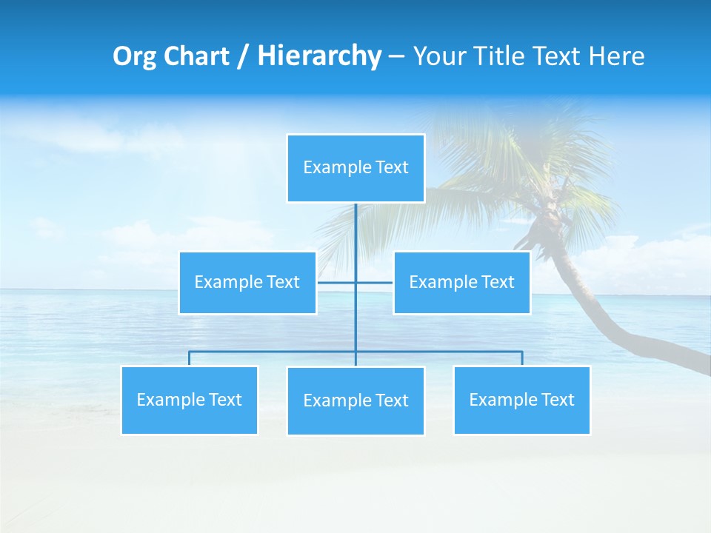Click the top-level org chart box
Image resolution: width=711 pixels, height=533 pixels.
click(x=355, y=168)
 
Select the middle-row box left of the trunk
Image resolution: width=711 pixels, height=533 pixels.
click(x=247, y=282)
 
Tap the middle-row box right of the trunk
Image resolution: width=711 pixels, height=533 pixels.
click(x=461, y=282)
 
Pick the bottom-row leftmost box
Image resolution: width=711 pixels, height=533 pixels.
click(x=189, y=400)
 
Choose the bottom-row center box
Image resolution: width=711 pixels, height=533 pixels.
click(x=355, y=400)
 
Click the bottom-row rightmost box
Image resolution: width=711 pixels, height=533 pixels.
click(x=521, y=400)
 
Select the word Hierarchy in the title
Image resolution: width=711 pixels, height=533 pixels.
click(x=319, y=56)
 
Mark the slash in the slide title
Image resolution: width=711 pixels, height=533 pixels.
click(x=243, y=56)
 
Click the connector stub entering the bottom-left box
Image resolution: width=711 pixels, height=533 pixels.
click(x=189, y=358)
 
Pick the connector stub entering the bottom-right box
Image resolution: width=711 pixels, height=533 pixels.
click(x=521, y=358)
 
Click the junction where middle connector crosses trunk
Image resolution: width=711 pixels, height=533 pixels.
click(x=355, y=282)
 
